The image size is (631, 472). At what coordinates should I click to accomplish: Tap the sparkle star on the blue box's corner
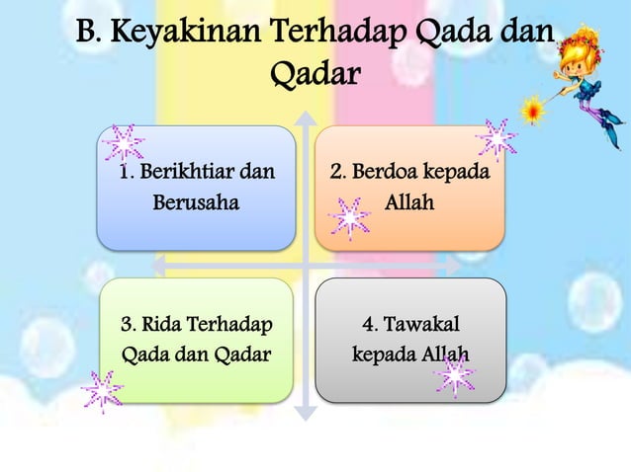click(124, 144)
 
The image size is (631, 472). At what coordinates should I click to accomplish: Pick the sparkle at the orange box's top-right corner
click(496, 139)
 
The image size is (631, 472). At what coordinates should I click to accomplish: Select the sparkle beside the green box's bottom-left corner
click(102, 391)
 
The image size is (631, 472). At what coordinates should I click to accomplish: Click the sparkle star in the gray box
click(454, 375)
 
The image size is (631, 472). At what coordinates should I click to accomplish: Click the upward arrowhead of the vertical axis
click(306, 118)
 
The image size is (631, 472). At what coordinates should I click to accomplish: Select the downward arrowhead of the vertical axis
click(306, 413)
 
